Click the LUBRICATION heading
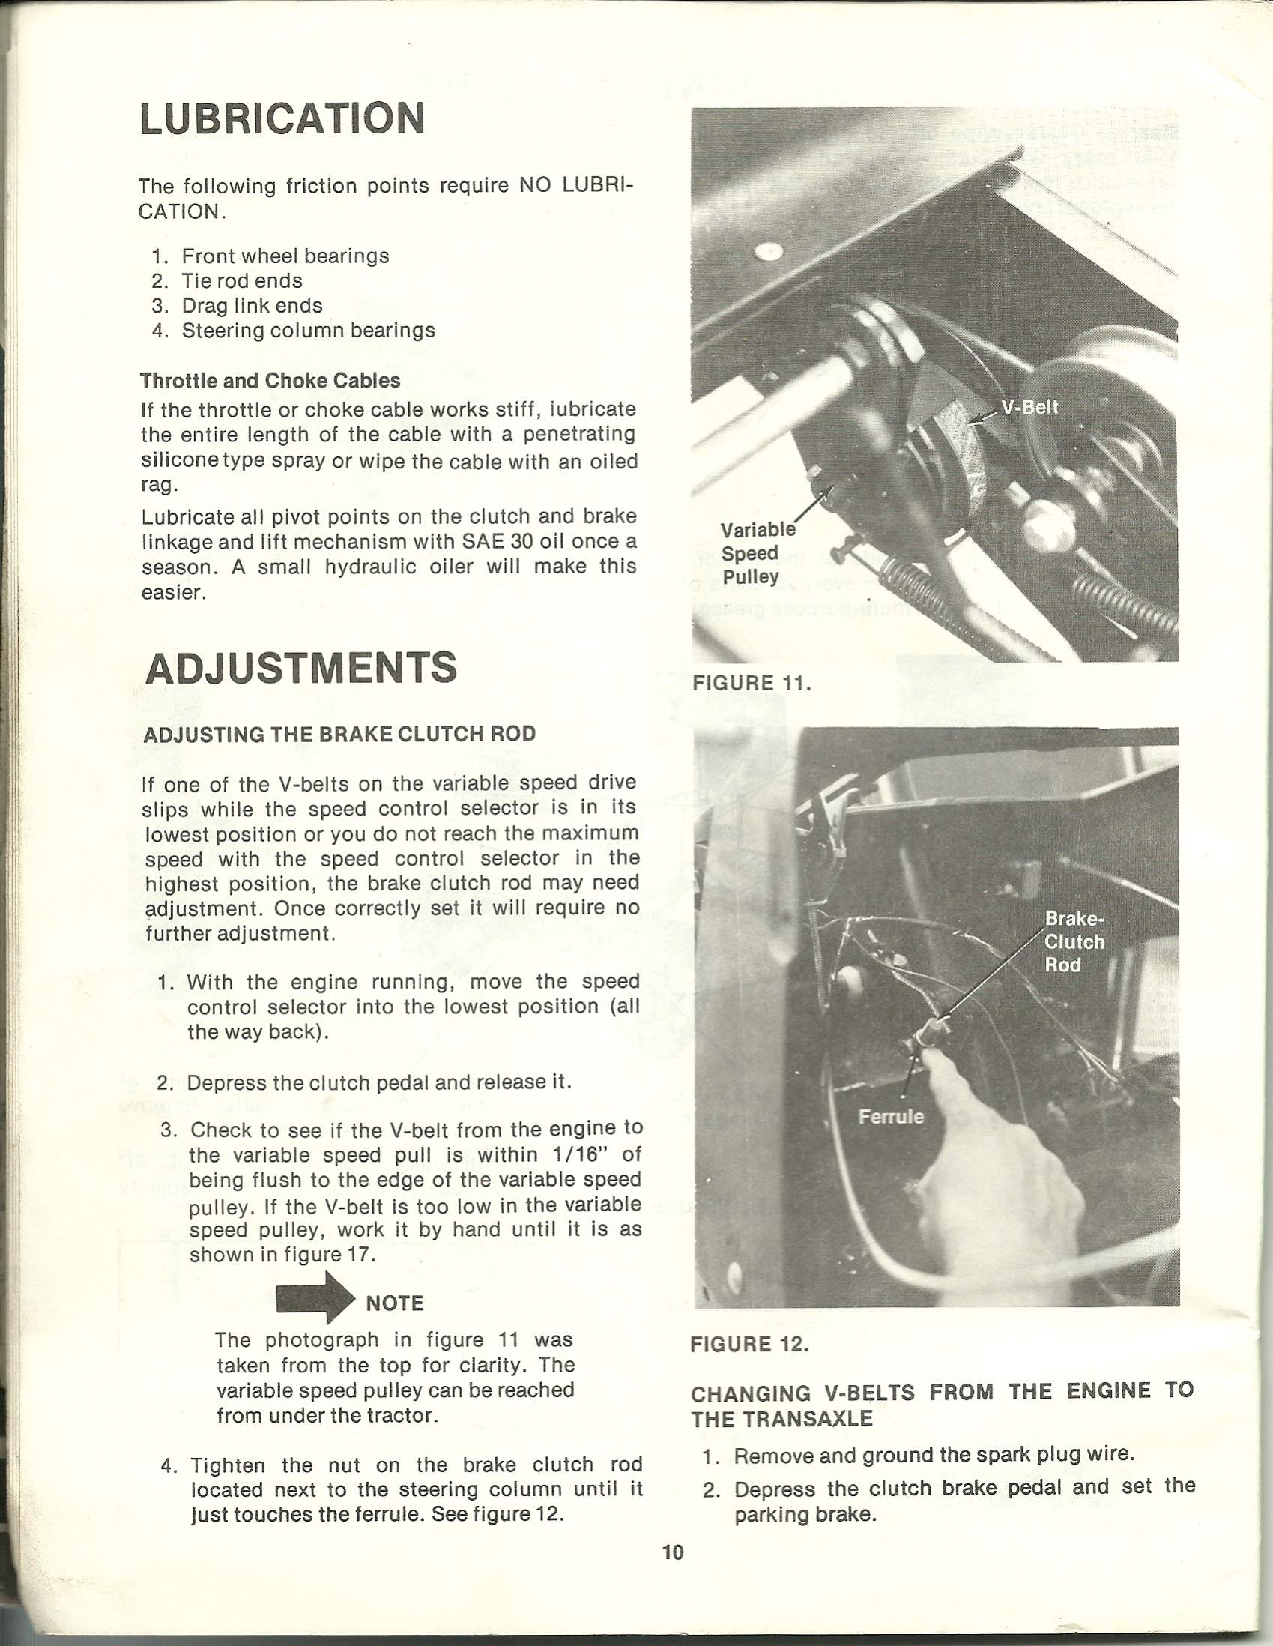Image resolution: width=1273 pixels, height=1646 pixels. (x=282, y=119)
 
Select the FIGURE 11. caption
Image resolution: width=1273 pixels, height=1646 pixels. (x=751, y=683)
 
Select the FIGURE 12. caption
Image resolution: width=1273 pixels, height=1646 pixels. (x=749, y=1344)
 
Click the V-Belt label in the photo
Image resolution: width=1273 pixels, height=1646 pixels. (x=1029, y=407)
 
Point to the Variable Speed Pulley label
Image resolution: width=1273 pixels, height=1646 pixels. (x=755, y=553)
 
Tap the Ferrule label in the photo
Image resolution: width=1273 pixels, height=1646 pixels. (x=891, y=1115)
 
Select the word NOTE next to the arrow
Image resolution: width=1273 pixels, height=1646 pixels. (x=395, y=1303)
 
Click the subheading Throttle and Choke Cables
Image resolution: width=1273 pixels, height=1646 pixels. (x=270, y=381)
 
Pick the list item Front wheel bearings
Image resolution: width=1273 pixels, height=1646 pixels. (x=285, y=256)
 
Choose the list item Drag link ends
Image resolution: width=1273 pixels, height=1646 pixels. (x=252, y=306)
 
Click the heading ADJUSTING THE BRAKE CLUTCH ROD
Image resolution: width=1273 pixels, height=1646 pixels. (x=339, y=734)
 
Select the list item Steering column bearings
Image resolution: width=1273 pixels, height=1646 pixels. (x=308, y=331)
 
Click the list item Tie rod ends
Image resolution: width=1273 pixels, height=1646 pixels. (x=242, y=281)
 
